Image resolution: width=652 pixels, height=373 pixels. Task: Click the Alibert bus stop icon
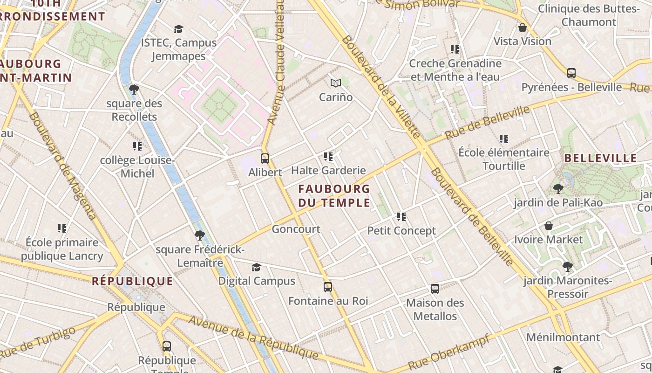pos(265,159)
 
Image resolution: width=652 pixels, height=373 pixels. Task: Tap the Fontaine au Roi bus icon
pos(328,287)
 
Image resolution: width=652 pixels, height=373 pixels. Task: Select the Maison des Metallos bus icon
pos(435,289)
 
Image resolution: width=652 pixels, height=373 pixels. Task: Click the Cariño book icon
pos(336,83)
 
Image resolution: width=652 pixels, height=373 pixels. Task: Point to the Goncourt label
pos(296,229)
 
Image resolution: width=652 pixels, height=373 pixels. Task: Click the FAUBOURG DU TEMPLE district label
pos(334,196)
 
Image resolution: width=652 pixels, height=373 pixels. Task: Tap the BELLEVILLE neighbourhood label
pos(600,158)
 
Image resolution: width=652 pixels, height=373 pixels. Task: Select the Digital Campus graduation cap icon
pos(256,267)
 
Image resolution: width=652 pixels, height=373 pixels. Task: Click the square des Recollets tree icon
pos(134,90)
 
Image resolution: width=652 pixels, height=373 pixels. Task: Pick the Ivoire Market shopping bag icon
pos(549,226)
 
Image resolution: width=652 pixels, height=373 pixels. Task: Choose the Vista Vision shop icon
pos(523,28)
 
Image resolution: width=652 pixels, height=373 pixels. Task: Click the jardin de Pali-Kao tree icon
pos(558,189)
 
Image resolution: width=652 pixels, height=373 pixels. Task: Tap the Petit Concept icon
pos(401,217)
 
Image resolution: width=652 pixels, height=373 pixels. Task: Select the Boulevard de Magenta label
pos(62,166)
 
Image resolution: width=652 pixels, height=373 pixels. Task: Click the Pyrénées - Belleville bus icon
pos(571,73)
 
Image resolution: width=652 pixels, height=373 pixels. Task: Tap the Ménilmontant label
pos(563,337)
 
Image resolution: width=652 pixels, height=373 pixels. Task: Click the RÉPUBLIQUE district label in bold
pos(132,281)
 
